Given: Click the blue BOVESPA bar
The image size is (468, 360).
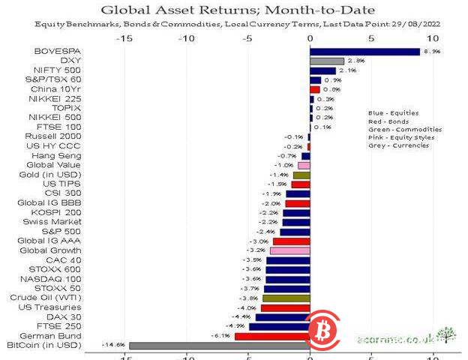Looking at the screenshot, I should (x=365, y=51).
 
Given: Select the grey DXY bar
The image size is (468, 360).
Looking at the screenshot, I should (x=327, y=61).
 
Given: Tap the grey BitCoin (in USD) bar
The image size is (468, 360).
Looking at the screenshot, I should (x=219, y=345).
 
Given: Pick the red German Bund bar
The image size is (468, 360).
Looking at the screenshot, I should (x=271, y=336).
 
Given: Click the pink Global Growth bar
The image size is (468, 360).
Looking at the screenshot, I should (x=289, y=250).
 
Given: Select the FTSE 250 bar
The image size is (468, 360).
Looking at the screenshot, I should (x=279, y=326).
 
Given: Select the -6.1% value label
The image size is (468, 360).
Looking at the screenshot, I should (x=220, y=336).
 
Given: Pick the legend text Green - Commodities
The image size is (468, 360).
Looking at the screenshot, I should (x=404, y=129).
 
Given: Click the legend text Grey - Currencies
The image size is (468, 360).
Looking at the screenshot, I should (x=398, y=145).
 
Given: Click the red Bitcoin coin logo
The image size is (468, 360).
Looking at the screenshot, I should (x=323, y=330).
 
